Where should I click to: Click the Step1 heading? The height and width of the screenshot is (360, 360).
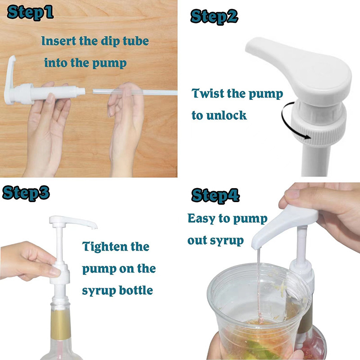point(30,13)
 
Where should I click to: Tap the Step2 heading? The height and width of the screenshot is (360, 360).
point(214,17)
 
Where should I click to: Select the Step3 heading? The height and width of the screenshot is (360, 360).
point(26,193)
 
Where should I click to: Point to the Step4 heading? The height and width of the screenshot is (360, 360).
point(216,196)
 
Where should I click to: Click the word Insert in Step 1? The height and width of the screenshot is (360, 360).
point(58,41)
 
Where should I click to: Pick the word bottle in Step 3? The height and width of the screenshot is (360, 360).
point(136,290)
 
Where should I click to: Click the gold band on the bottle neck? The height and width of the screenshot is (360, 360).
point(61,324)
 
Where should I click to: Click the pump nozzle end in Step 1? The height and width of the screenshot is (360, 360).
point(82,91)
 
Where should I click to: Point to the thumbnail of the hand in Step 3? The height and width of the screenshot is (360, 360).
point(54,271)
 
